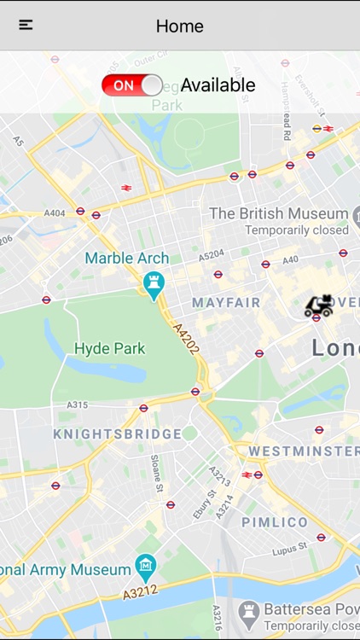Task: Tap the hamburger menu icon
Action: [x=26, y=25]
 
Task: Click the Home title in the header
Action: [x=180, y=26]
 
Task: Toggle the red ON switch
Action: [x=132, y=84]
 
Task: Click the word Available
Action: [x=218, y=84]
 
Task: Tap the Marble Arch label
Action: [x=127, y=258]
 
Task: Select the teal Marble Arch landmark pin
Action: [x=154, y=285]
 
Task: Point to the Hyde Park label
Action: [x=110, y=348]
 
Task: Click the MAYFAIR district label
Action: [x=226, y=303]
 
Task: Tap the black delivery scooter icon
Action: [x=318, y=305]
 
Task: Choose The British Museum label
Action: [x=279, y=213]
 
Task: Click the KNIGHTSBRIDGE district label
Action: [x=118, y=433]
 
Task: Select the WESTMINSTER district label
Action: [x=304, y=451]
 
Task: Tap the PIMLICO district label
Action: [x=275, y=521]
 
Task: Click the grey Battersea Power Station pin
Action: [x=249, y=611]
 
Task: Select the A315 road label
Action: [x=78, y=404]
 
